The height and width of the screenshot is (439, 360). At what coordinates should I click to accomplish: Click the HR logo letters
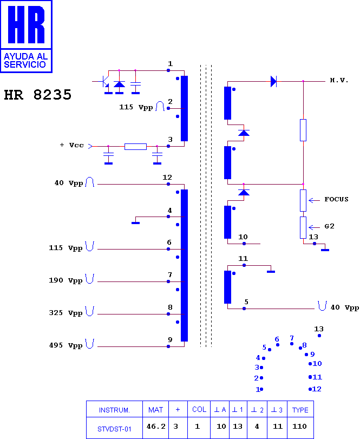[26, 25]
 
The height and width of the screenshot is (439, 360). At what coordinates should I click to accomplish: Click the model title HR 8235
[38, 95]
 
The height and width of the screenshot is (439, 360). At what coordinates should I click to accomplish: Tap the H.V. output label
[339, 80]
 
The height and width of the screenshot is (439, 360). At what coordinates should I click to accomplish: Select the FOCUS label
[337, 199]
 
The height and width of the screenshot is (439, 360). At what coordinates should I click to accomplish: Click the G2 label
[330, 226]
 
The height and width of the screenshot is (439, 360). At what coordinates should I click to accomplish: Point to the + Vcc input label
[71, 145]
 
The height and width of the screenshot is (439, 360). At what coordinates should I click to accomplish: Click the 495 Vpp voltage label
[66, 345]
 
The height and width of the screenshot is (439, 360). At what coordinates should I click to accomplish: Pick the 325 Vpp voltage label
[66, 313]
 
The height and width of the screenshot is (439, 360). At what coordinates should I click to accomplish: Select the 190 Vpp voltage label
[66, 280]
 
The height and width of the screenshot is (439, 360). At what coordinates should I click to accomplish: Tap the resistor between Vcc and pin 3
[135, 147]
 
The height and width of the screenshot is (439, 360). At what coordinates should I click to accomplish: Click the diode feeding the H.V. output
[273, 82]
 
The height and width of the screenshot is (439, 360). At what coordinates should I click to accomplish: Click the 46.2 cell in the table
[156, 427]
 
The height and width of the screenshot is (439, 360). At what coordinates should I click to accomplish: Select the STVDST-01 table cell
[114, 429]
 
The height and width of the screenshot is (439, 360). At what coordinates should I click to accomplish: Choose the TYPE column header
[300, 410]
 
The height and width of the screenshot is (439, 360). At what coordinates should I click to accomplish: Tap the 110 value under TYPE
[299, 427]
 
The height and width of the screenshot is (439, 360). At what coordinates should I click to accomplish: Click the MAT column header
[156, 410]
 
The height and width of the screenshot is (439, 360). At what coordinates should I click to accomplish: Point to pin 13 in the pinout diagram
[319, 336]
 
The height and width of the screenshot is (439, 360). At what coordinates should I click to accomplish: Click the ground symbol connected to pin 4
[135, 223]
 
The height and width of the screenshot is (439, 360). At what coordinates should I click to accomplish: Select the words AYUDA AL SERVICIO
[25, 61]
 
